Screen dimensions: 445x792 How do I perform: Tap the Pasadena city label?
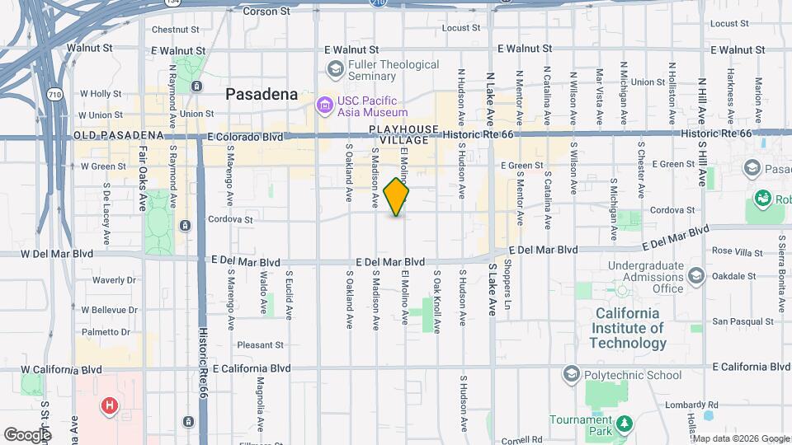262,94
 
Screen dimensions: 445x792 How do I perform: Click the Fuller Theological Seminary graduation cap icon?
335,68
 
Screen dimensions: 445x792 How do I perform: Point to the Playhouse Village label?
399,135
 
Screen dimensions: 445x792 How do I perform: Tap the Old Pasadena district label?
118,135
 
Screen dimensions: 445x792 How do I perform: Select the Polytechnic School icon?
570,375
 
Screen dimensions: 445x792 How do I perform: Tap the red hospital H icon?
109,405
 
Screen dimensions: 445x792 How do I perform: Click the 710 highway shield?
55,96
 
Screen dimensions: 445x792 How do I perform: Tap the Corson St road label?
267,12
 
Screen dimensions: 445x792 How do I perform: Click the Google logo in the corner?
27,434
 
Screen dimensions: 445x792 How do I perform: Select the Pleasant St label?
259,345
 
